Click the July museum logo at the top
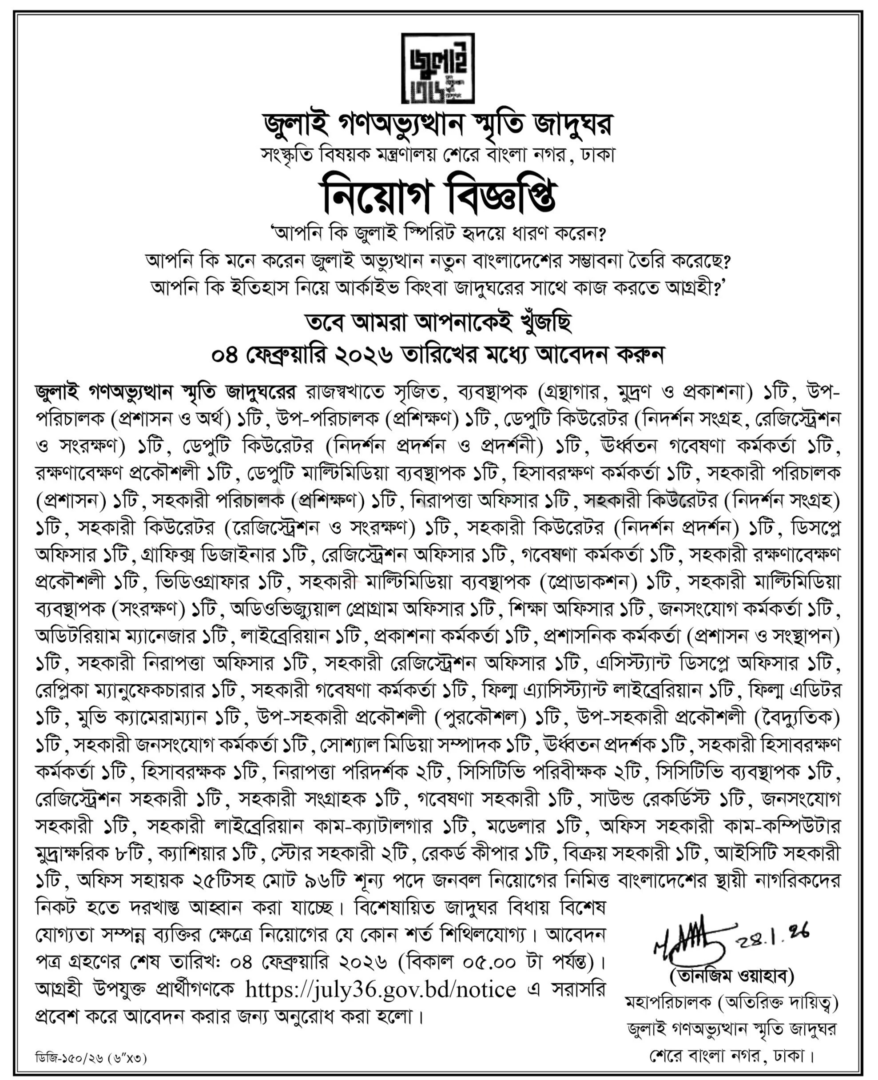point(438,68)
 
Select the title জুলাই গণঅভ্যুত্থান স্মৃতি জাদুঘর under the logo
point(438,125)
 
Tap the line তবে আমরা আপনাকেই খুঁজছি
point(438,324)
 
